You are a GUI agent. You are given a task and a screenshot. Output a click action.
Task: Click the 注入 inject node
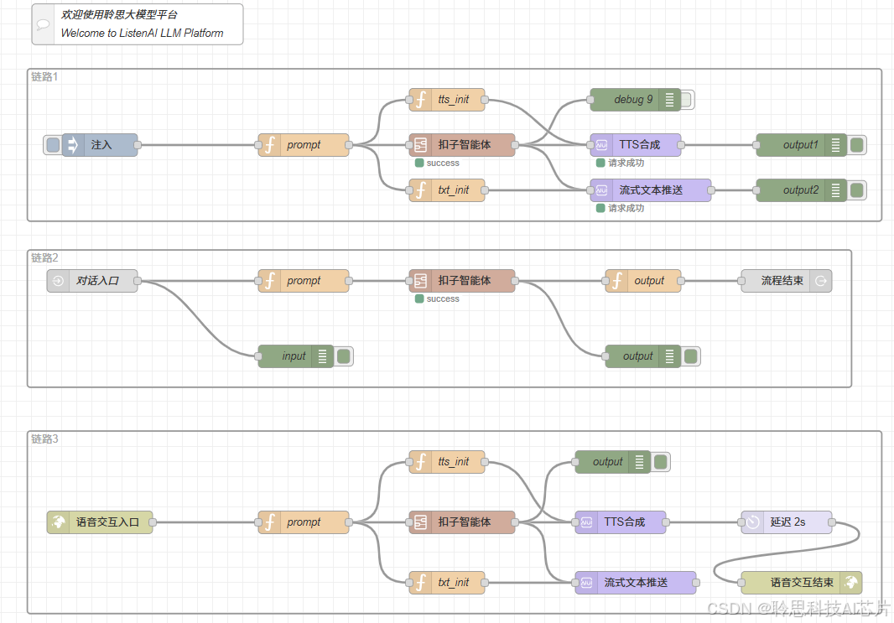(101, 145)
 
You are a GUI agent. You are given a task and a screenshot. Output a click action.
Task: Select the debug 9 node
(633, 100)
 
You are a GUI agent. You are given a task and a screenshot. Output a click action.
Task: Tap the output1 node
(800, 145)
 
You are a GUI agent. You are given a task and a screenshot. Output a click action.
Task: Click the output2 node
(800, 190)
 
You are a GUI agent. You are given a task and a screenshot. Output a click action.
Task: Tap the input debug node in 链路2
(294, 356)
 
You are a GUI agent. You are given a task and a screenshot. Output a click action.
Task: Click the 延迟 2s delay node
(787, 522)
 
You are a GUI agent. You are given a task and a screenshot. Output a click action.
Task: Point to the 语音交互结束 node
(801, 583)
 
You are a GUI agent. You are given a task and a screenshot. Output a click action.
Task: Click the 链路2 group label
(45, 257)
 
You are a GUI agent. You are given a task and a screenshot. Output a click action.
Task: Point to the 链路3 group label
(45, 439)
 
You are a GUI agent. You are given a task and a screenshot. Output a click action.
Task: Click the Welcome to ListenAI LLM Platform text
(142, 34)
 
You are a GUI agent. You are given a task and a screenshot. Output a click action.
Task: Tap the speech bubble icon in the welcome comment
(43, 24)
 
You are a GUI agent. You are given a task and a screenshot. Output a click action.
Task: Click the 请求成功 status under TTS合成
(626, 163)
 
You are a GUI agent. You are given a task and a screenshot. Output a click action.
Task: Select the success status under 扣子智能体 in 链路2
(442, 299)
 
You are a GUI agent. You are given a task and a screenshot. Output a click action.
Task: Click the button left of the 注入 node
(53, 145)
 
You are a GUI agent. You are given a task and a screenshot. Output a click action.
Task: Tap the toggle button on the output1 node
(857, 145)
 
